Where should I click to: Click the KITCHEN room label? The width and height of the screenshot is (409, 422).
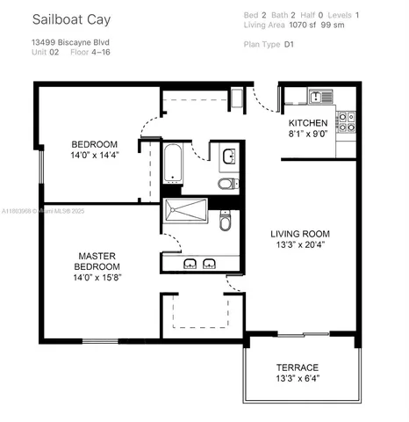tap(308, 122)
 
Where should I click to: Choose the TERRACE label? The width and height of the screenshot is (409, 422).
tap(298, 367)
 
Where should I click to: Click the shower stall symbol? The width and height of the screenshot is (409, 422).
tap(184, 211)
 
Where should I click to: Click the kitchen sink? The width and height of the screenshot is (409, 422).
tap(317, 94)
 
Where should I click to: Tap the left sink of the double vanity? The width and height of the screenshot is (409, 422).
tap(190, 264)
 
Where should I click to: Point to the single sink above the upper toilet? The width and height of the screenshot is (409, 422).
tap(228, 157)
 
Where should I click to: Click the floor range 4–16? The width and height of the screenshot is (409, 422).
tap(98, 52)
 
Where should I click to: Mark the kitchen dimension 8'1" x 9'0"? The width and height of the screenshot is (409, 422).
tap(308, 135)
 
